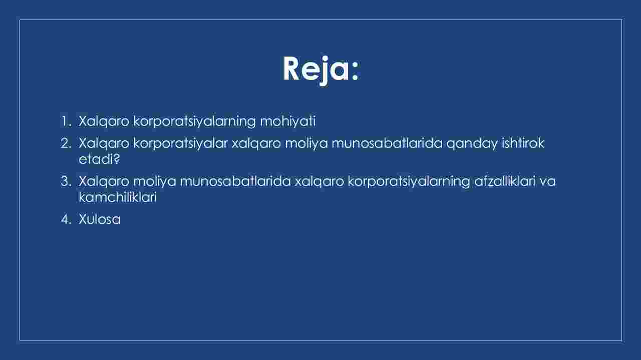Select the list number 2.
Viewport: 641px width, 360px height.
(66, 143)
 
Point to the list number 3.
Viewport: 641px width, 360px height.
(66, 181)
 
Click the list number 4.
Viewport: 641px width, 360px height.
(66, 219)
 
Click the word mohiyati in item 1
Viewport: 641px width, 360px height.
(288, 121)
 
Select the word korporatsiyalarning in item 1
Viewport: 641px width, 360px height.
(194, 122)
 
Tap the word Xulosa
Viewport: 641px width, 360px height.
(100, 219)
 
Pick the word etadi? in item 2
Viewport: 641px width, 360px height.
(99, 159)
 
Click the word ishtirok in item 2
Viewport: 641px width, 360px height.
(523, 143)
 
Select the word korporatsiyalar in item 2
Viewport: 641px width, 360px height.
(180, 144)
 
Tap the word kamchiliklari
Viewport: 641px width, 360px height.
(118, 197)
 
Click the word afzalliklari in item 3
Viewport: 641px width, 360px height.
(505, 181)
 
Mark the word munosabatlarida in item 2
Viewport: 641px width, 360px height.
(387, 143)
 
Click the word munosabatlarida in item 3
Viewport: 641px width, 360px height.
(235, 181)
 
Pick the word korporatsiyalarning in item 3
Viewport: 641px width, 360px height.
(409, 182)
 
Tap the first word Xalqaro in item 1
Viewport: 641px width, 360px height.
(104, 122)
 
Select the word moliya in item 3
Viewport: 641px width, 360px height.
(155, 182)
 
